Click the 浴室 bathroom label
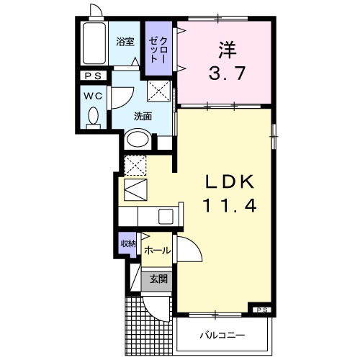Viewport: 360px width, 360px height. coord(125,42)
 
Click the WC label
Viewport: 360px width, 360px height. coord(92,94)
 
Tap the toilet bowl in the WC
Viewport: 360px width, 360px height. coord(93,116)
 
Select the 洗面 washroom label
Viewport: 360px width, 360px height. coord(142,115)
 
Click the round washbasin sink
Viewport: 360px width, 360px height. coord(138,139)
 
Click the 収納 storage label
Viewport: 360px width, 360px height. coord(127,245)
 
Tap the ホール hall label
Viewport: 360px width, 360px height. coord(157,251)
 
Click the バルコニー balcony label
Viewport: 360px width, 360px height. coord(222,336)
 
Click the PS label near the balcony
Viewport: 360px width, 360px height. coord(260,310)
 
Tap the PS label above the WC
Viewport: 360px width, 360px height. coord(92,76)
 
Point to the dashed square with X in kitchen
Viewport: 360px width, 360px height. coord(135,166)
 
